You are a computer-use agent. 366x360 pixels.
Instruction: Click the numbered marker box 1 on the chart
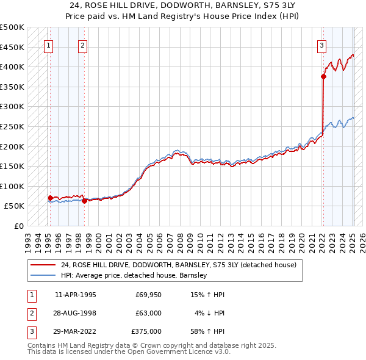(x=48, y=45)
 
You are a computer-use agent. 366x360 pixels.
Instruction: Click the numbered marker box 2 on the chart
(x=82, y=45)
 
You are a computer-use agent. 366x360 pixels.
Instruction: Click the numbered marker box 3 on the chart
(x=321, y=45)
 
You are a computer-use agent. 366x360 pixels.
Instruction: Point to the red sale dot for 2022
(x=323, y=76)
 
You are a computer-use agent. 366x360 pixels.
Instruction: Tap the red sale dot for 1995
(x=50, y=198)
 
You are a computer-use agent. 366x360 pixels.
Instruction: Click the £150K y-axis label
(x=12, y=166)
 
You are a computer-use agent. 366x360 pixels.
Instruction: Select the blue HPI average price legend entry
(x=134, y=275)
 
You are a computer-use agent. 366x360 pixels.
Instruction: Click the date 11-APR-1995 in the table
(x=76, y=295)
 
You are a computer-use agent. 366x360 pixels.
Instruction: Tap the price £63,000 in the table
(x=148, y=313)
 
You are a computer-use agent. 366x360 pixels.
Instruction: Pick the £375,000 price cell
(x=146, y=331)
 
